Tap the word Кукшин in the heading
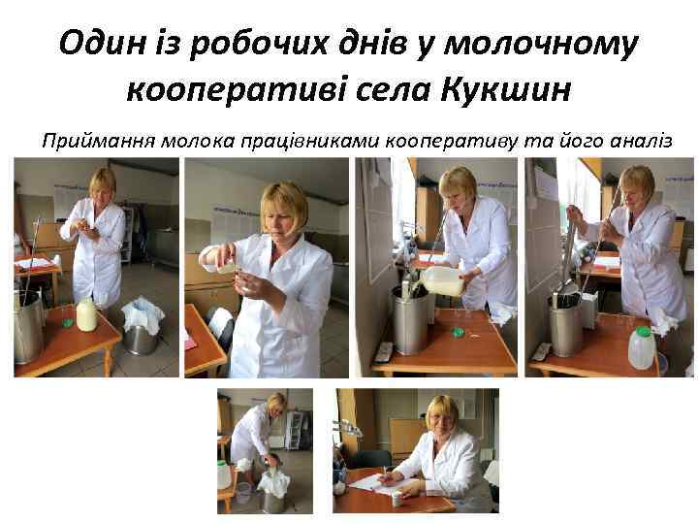pyautogui.click(x=507, y=89)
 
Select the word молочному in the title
pyautogui.click(x=541, y=45)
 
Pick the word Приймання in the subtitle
pyautogui.click(x=99, y=141)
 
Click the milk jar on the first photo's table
pyautogui.click(x=86, y=314)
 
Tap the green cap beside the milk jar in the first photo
pyautogui.click(x=68, y=322)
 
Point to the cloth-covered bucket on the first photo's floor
pyautogui.click(x=142, y=327)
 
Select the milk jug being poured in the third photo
pyautogui.click(x=444, y=279)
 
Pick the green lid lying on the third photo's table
pyautogui.click(x=459, y=331)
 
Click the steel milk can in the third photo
pyautogui.click(x=409, y=320)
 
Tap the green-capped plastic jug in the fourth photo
pyautogui.click(x=642, y=347)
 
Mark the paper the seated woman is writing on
pyautogui.click(x=377, y=483)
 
